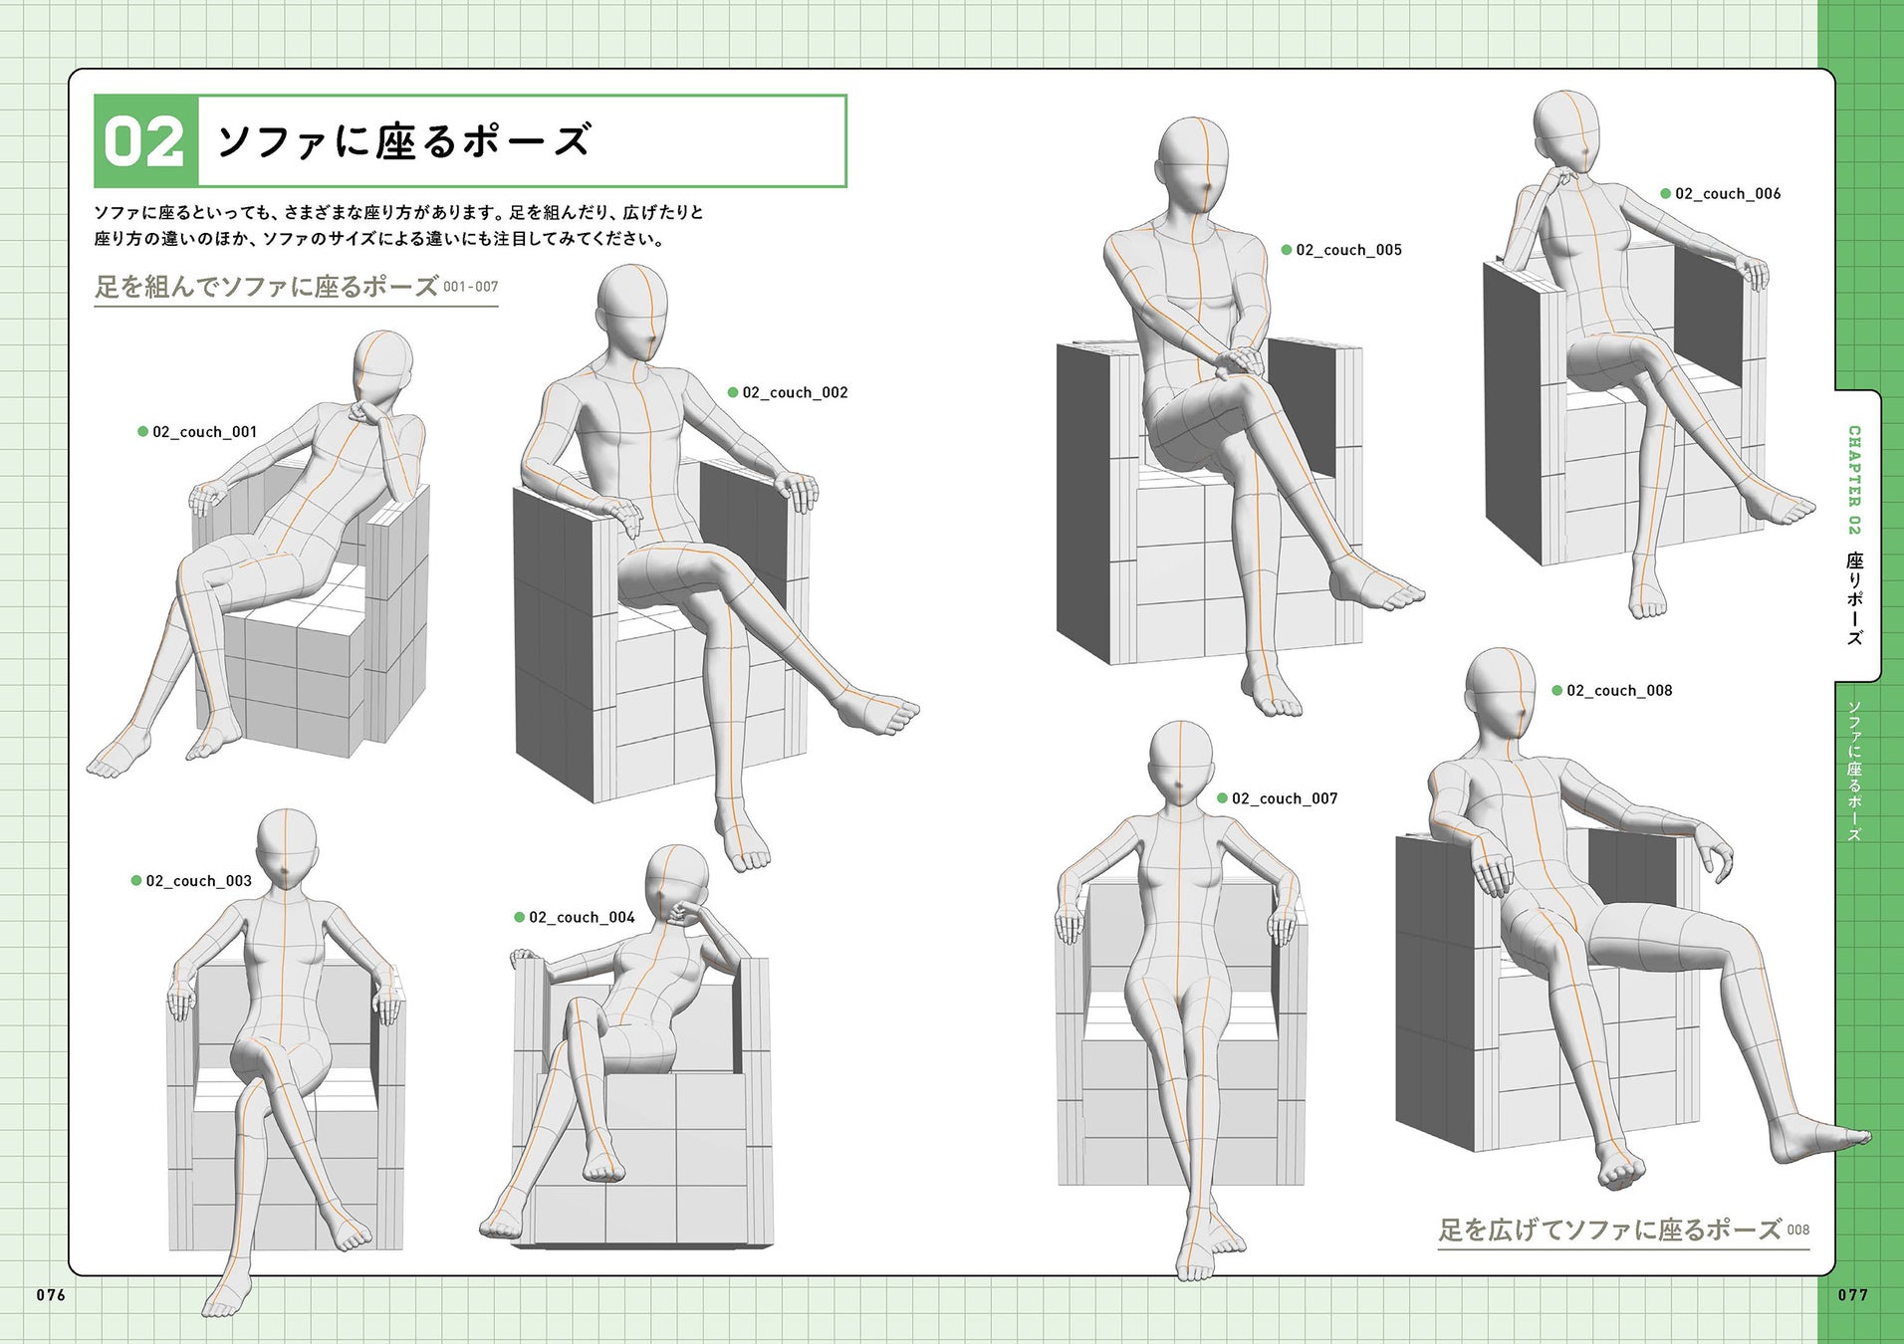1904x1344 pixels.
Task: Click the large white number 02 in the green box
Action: click(145, 141)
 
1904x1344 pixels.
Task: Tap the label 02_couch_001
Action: click(204, 432)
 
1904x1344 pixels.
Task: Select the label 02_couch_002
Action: click(795, 392)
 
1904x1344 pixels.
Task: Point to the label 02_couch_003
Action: click(198, 881)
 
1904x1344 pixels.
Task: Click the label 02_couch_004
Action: click(582, 917)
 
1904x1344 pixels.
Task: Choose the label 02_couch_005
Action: click(1348, 250)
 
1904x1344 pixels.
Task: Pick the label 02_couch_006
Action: click(1728, 194)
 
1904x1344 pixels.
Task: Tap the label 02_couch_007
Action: click(1285, 798)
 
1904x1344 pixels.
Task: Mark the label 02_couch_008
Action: click(1619, 691)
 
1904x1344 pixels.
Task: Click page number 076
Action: click(51, 1294)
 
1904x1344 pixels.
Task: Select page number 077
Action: click(1853, 1294)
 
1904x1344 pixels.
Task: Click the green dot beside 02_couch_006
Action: click(1665, 194)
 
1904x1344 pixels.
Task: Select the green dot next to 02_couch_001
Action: click(142, 432)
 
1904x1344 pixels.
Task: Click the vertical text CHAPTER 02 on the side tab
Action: click(1854, 480)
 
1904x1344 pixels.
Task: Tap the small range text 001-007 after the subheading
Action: click(471, 287)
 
